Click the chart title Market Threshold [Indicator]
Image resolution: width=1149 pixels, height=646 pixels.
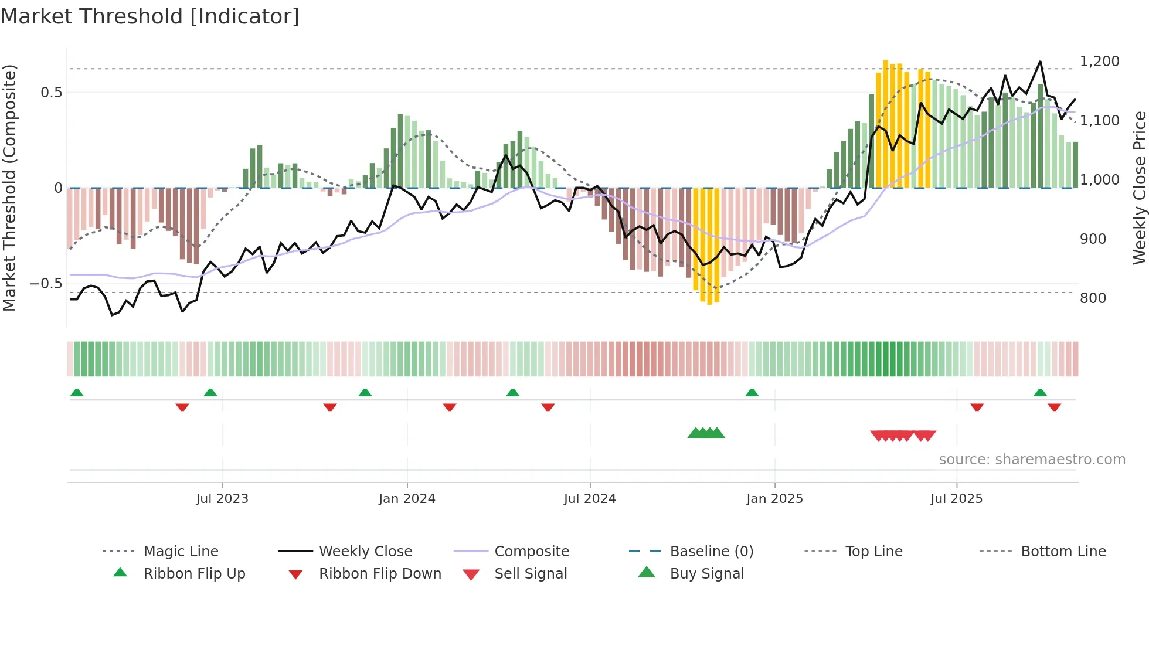click(x=150, y=16)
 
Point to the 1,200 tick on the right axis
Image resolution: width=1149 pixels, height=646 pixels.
click(x=1099, y=62)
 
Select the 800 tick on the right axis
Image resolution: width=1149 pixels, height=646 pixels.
click(x=1093, y=298)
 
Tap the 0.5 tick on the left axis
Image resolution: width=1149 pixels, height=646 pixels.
click(x=51, y=93)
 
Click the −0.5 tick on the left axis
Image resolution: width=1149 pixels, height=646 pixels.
click(x=46, y=284)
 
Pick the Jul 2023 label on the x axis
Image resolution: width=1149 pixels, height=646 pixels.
click(x=222, y=499)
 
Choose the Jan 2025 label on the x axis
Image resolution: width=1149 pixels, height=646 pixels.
click(x=774, y=499)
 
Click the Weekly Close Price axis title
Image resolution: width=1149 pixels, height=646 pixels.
click(x=1139, y=188)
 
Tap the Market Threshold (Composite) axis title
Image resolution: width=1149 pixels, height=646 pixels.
click(x=9, y=188)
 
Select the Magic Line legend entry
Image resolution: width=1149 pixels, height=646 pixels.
click(x=181, y=552)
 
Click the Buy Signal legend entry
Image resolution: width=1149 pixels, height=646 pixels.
click(x=706, y=574)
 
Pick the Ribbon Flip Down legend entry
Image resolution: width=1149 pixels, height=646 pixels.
click(x=379, y=574)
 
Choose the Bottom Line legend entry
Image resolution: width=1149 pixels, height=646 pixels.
click(x=1063, y=552)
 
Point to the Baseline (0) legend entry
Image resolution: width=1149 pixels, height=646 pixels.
click(x=711, y=552)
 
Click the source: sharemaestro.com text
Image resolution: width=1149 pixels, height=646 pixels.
click(x=1032, y=460)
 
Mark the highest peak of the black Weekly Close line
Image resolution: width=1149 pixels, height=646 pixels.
click(x=1040, y=62)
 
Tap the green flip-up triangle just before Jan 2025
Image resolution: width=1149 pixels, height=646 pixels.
click(x=752, y=393)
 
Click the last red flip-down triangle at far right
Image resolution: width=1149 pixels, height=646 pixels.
click(x=1054, y=407)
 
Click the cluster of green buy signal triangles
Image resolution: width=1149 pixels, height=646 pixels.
click(x=706, y=433)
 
